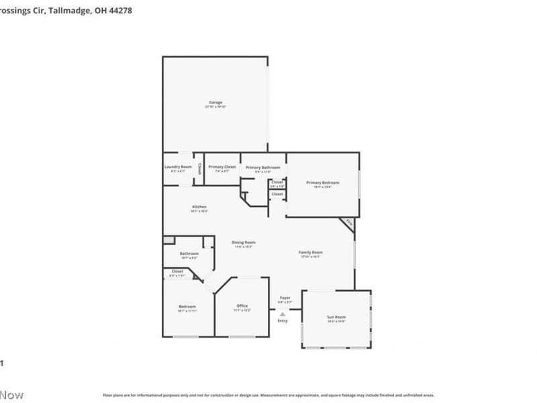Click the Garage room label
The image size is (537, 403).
(215, 102)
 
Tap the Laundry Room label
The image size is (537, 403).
(178, 167)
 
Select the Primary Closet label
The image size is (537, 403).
(222, 167)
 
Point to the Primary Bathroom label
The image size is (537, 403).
(262, 167)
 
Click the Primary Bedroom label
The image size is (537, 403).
(322, 183)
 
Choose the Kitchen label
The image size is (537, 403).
(199, 207)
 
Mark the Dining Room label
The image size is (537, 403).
(243, 242)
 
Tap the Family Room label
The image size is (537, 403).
(310, 253)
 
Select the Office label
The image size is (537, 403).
(242, 306)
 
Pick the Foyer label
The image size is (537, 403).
(285, 298)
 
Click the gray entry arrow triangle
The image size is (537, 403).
(283, 313)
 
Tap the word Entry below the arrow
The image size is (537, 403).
(283, 320)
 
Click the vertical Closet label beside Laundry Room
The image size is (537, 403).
(199, 170)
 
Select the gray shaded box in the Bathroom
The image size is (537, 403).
(168, 240)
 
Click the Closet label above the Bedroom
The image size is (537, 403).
(177, 271)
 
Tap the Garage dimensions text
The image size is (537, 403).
(215, 107)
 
